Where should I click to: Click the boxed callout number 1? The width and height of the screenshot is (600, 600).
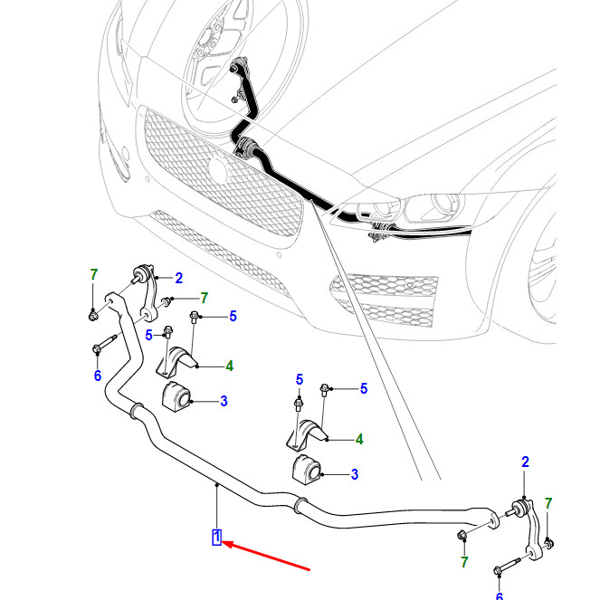[217, 537]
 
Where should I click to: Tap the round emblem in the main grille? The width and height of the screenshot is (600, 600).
[219, 168]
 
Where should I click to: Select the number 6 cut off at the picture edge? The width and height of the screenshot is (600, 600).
[499, 595]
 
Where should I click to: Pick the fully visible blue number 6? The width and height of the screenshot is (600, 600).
[98, 376]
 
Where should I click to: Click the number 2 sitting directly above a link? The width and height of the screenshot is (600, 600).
[525, 463]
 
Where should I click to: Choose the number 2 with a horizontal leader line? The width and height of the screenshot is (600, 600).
[178, 278]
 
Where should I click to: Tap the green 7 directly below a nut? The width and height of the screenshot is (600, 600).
[464, 562]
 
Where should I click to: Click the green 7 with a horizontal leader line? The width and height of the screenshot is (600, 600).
[204, 298]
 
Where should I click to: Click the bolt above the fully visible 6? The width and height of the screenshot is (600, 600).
[101, 345]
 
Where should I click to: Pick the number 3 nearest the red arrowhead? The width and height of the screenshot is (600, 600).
[355, 473]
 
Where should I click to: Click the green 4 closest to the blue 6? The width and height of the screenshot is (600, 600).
[230, 367]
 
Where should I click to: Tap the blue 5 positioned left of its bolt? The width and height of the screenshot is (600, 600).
[150, 335]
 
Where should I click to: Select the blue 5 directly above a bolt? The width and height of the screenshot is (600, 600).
[299, 378]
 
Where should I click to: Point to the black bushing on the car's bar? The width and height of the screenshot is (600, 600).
[245, 146]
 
